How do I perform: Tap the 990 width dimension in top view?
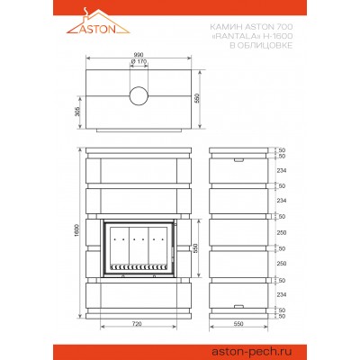139,55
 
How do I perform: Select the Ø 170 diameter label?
139,61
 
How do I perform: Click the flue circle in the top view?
139,96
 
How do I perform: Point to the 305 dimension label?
76,112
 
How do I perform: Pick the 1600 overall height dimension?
76,230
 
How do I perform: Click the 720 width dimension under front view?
137,324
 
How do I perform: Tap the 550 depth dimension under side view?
238,324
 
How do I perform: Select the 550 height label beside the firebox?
195,248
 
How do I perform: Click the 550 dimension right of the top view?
197,98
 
